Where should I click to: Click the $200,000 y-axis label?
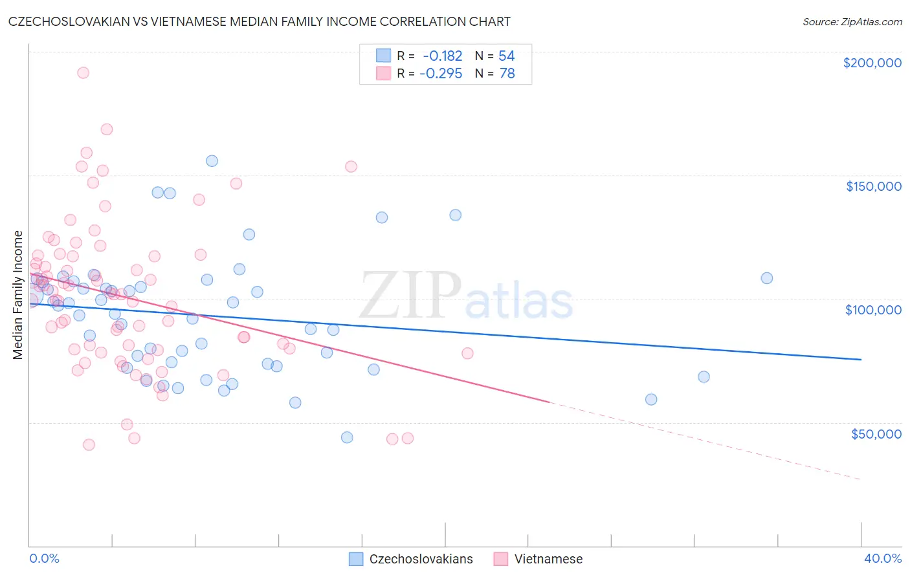click(872, 63)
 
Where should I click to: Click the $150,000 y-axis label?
click(873, 186)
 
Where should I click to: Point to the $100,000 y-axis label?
click(873, 310)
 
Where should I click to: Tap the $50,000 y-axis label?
click(876, 433)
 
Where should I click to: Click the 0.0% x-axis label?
click(44, 558)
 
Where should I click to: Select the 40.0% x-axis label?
click(882, 558)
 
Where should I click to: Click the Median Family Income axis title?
click(18, 295)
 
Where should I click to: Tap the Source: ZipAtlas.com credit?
click(852, 21)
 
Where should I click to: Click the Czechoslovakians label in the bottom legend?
click(421, 559)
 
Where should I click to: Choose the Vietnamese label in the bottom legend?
click(548, 559)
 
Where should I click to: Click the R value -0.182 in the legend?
click(443, 56)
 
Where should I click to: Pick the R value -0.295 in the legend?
click(441, 74)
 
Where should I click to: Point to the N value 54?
click(506, 56)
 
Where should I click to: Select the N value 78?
click(507, 74)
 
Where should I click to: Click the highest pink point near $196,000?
click(83, 72)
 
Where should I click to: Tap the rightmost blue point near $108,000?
click(766, 278)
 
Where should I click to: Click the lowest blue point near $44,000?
click(347, 437)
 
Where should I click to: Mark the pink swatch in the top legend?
click(383, 73)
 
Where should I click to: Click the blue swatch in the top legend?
click(383, 56)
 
